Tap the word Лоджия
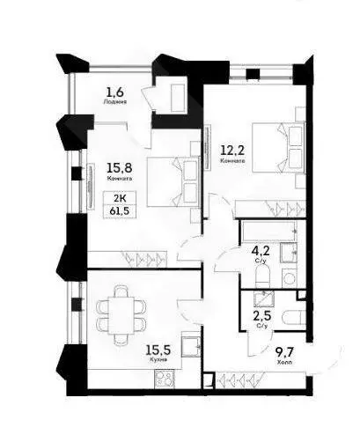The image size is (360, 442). (x=114, y=102)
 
